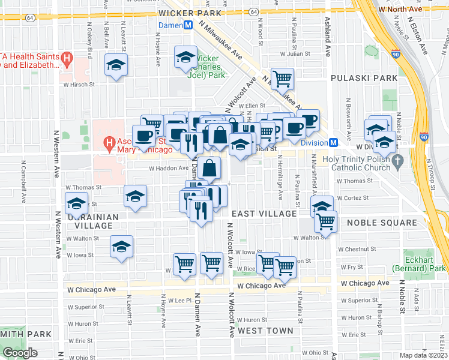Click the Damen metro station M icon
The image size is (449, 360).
pyautogui.click(x=188, y=25)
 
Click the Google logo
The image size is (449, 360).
pyautogui.click(x=20, y=353)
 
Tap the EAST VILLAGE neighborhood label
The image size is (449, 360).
pyautogui.click(x=264, y=214)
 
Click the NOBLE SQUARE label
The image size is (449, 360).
pyautogui.click(x=373, y=223)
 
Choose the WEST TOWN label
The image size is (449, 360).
pyautogui.click(x=265, y=331)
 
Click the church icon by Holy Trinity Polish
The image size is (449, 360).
pyautogui.click(x=396, y=161)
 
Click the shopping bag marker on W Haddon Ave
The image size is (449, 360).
pyautogui.click(x=210, y=168)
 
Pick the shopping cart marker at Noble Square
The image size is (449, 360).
pyautogui.click(x=326, y=221)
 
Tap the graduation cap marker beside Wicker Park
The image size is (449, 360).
pyautogui.click(x=185, y=58)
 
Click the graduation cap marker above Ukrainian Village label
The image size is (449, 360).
pyautogui.click(x=77, y=202)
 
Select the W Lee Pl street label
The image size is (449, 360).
pyautogui.click(x=179, y=300)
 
